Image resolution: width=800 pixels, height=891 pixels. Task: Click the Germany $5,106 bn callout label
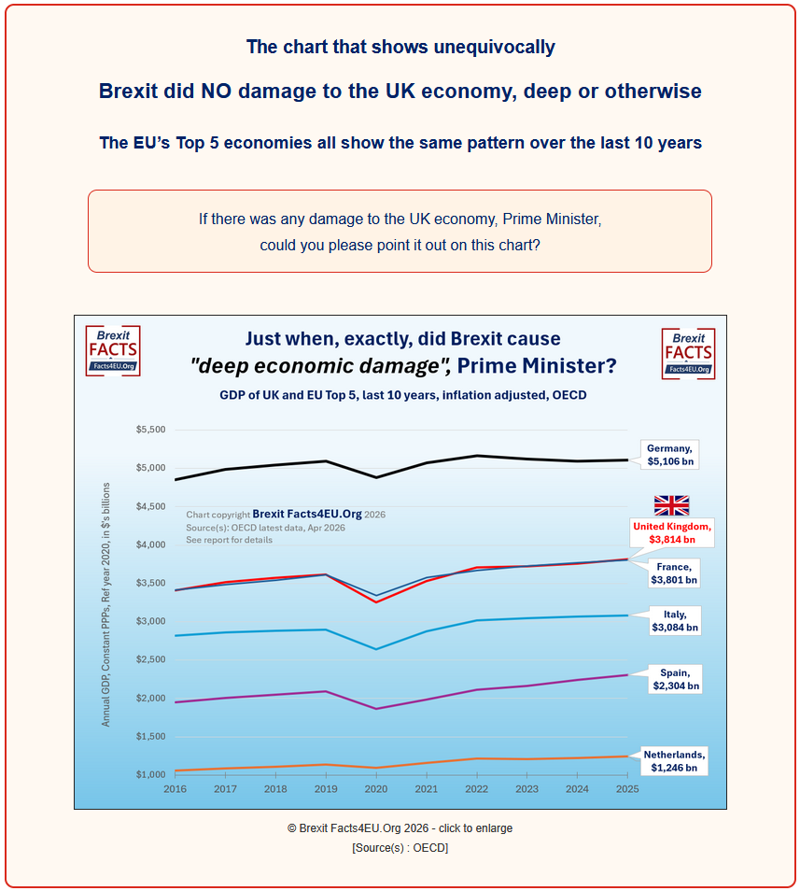coord(670,454)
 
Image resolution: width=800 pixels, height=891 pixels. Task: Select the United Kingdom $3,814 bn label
coord(672,532)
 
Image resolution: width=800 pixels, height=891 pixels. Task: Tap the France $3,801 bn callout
coord(674,573)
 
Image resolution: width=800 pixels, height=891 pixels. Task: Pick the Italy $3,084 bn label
coord(674,621)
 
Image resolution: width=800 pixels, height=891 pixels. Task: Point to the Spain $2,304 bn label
coord(675,679)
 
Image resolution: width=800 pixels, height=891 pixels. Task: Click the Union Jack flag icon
coord(671,505)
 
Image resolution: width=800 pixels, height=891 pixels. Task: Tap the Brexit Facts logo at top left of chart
coord(112,351)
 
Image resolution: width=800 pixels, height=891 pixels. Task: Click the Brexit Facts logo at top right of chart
coord(688,353)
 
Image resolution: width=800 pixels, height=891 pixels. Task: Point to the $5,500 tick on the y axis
coord(150,430)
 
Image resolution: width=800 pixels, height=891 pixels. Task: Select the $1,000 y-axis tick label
coord(150,775)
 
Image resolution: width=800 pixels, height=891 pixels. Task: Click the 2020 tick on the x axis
coord(375,790)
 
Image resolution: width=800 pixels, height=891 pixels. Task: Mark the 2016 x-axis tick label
coord(175,790)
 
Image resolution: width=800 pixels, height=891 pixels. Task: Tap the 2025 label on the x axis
coord(627,790)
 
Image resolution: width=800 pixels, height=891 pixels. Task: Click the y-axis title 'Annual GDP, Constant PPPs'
coord(106,604)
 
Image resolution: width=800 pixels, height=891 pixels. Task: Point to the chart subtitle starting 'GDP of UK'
coord(402,395)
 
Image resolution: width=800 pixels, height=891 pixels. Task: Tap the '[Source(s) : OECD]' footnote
coord(400,848)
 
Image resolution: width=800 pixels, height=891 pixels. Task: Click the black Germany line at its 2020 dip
coord(375,477)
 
